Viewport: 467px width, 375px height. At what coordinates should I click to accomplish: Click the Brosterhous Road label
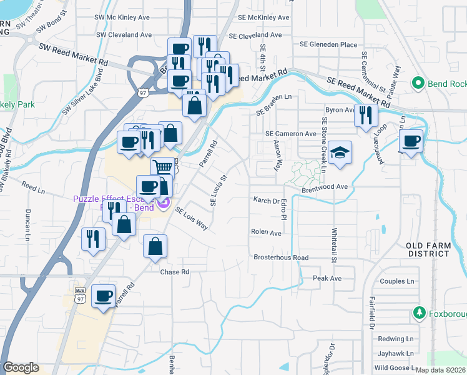click(x=281, y=257)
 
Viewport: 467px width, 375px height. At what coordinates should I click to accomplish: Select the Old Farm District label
click(x=428, y=250)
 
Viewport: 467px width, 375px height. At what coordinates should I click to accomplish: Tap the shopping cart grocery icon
click(x=162, y=167)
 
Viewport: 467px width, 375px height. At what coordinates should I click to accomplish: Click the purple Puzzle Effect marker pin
click(x=164, y=202)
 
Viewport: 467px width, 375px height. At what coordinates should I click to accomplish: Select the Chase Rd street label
click(x=174, y=272)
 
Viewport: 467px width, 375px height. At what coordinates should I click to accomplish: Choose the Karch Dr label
click(x=267, y=201)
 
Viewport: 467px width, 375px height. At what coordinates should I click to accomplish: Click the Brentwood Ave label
click(x=325, y=187)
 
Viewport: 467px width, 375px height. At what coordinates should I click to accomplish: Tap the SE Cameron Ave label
click(x=290, y=134)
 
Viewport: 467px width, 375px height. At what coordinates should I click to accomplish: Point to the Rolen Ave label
click(x=266, y=232)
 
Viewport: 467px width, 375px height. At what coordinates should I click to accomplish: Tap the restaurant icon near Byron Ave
click(x=366, y=115)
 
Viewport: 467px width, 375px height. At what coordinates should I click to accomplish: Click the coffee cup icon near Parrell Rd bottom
click(x=104, y=296)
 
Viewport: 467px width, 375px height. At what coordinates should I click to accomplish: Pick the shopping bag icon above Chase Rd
click(x=155, y=246)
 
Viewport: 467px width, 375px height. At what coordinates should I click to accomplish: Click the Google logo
click(x=21, y=367)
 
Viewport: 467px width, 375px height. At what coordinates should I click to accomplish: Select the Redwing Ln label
click(x=396, y=339)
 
